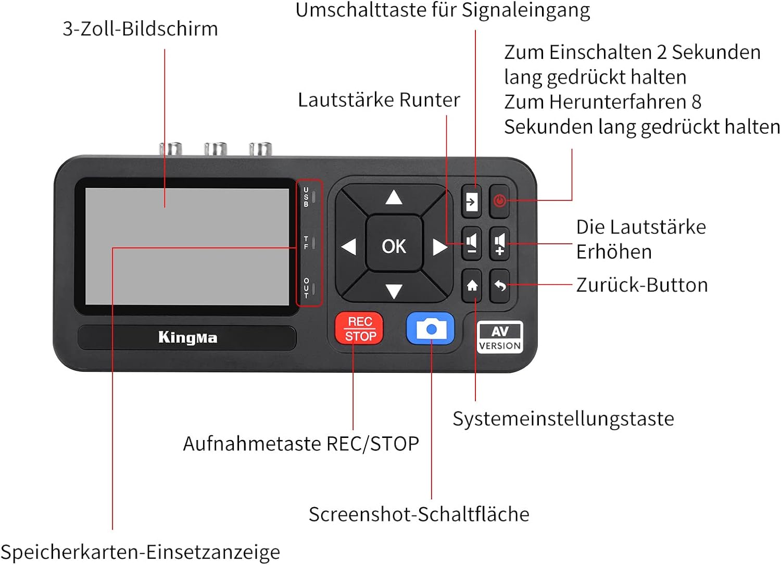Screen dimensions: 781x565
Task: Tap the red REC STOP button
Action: coord(359,328)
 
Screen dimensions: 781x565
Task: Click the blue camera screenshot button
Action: coord(431,328)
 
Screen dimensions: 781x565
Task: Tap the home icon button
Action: coord(472,286)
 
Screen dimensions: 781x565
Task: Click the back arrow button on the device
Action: coord(500,286)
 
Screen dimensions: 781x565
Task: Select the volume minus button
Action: coord(472,243)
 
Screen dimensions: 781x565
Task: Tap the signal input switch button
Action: coord(471,201)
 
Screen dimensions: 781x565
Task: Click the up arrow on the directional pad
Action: coord(394,197)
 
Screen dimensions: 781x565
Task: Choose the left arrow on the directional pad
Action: coord(348,247)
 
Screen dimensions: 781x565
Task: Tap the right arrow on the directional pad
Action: coord(440,247)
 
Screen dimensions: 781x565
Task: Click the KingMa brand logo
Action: coord(187,337)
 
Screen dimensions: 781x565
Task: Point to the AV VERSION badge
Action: coord(500,337)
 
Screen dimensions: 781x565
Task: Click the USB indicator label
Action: coord(306,197)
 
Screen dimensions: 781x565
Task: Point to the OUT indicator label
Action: coord(306,288)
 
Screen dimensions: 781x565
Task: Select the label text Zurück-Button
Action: coord(642,285)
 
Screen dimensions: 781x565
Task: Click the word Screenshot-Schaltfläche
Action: coord(419,514)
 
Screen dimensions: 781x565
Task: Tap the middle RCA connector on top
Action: coord(216,149)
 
